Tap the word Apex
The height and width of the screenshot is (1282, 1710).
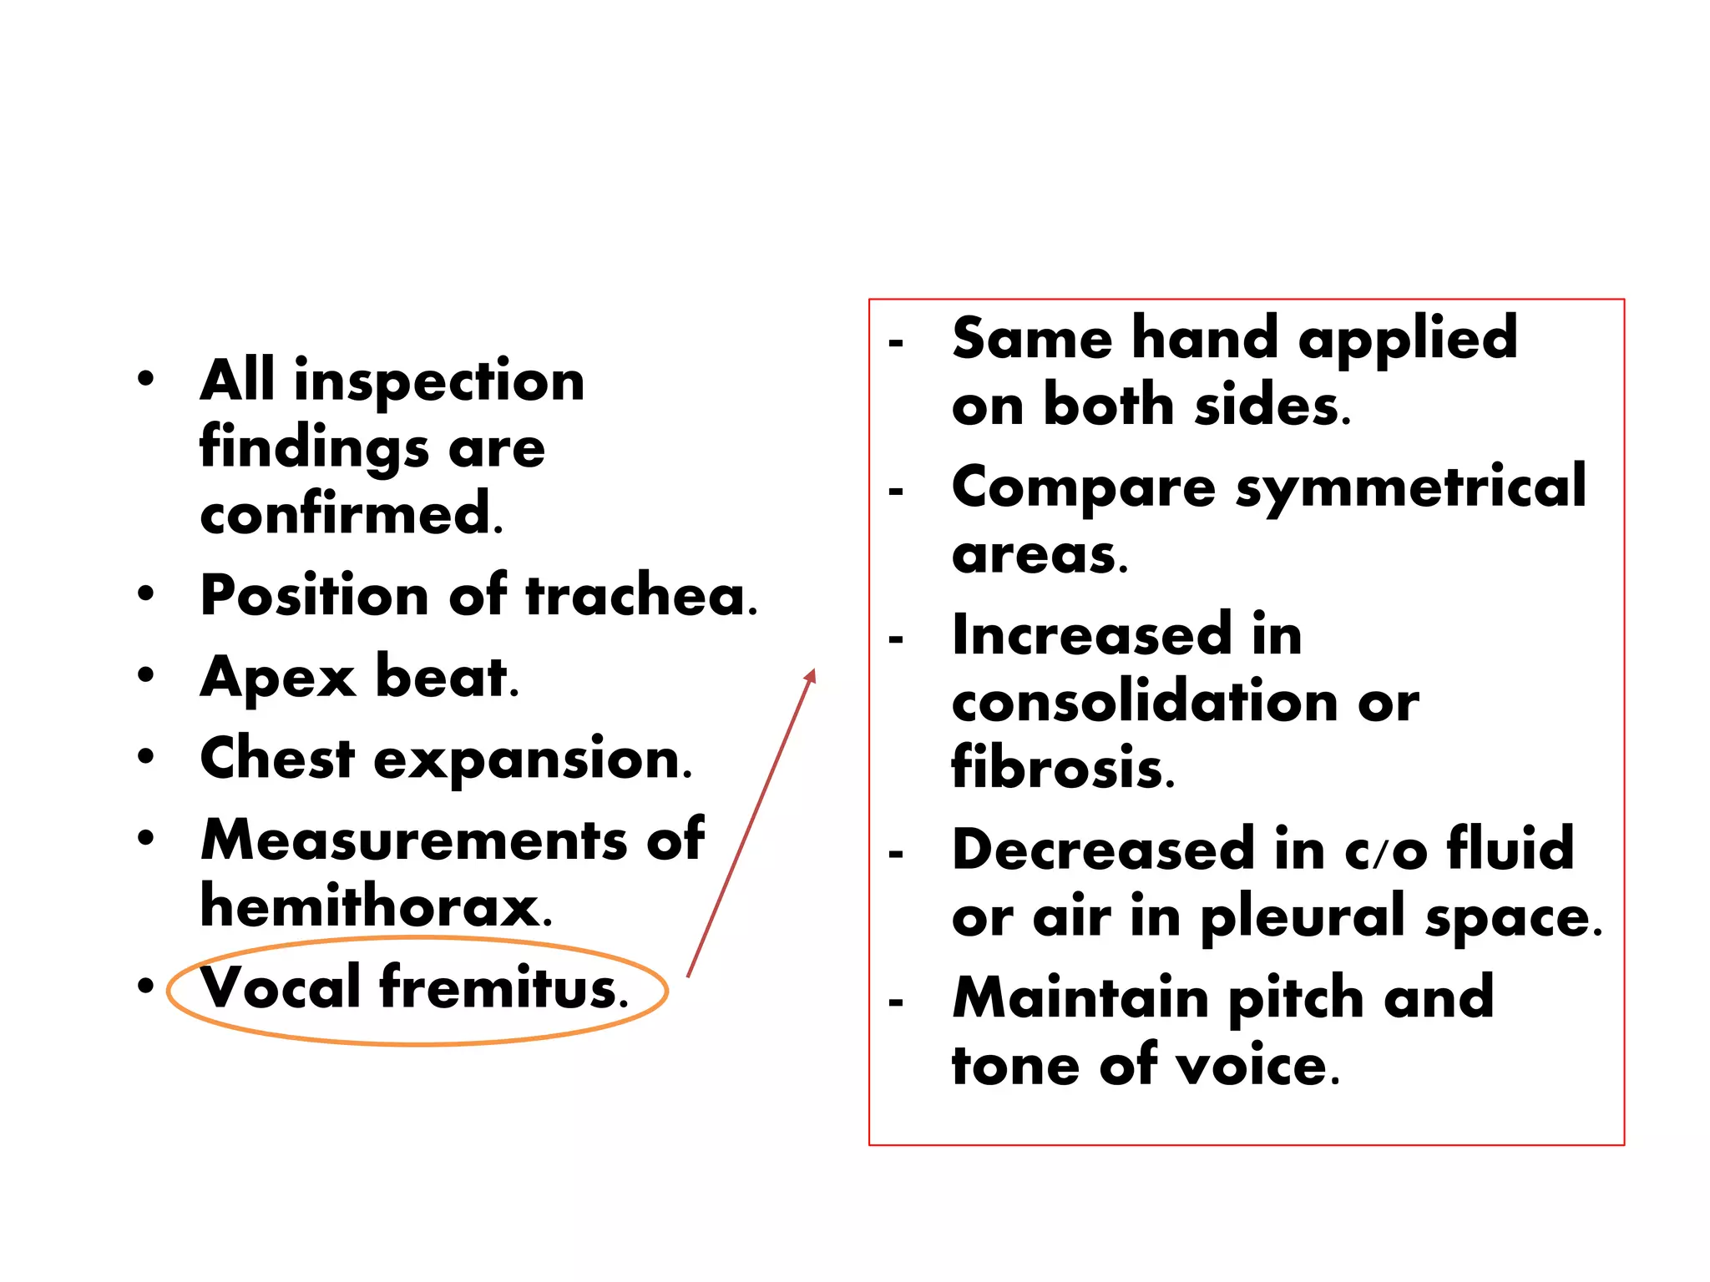tap(277, 678)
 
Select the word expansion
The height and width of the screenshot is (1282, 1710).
tap(532, 760)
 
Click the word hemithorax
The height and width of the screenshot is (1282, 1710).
tap(375, 906)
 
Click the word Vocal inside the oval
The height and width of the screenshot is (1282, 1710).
tap(281, 987)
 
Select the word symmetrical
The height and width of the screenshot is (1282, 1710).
tap(1410, 487)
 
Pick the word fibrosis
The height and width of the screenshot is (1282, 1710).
tap(1062, 768)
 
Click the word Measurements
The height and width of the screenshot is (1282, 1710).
tap(413, 840)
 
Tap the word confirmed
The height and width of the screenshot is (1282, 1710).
tap(351, 514)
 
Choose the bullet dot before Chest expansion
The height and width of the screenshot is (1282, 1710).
tap(146, 757)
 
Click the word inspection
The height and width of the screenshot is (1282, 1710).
tap(439, 381)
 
